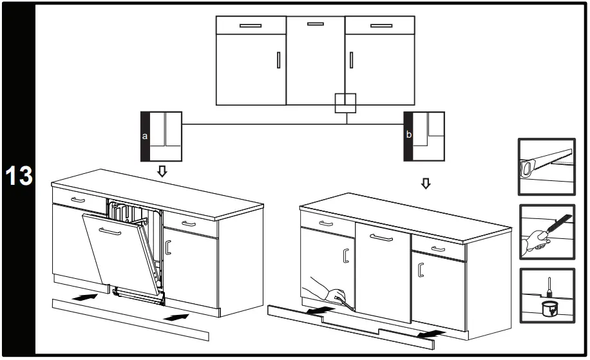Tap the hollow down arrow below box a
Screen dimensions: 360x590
click(x=162, y=171)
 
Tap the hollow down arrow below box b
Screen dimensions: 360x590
click(x=424, y=184)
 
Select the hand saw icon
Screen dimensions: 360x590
click(x=546, y=166)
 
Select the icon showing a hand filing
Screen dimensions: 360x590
click(x=546, y=231)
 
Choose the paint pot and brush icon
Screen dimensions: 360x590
click(x=546, y=296)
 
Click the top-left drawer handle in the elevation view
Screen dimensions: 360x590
click(x=250, y=26)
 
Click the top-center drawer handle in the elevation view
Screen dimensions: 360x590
click(x=316, y=24)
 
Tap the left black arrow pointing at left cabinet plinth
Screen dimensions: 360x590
click(x=83, y=297)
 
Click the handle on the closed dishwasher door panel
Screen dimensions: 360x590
click(x=381, y=238)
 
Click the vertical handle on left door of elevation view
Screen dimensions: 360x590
click(x=278, y=60)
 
